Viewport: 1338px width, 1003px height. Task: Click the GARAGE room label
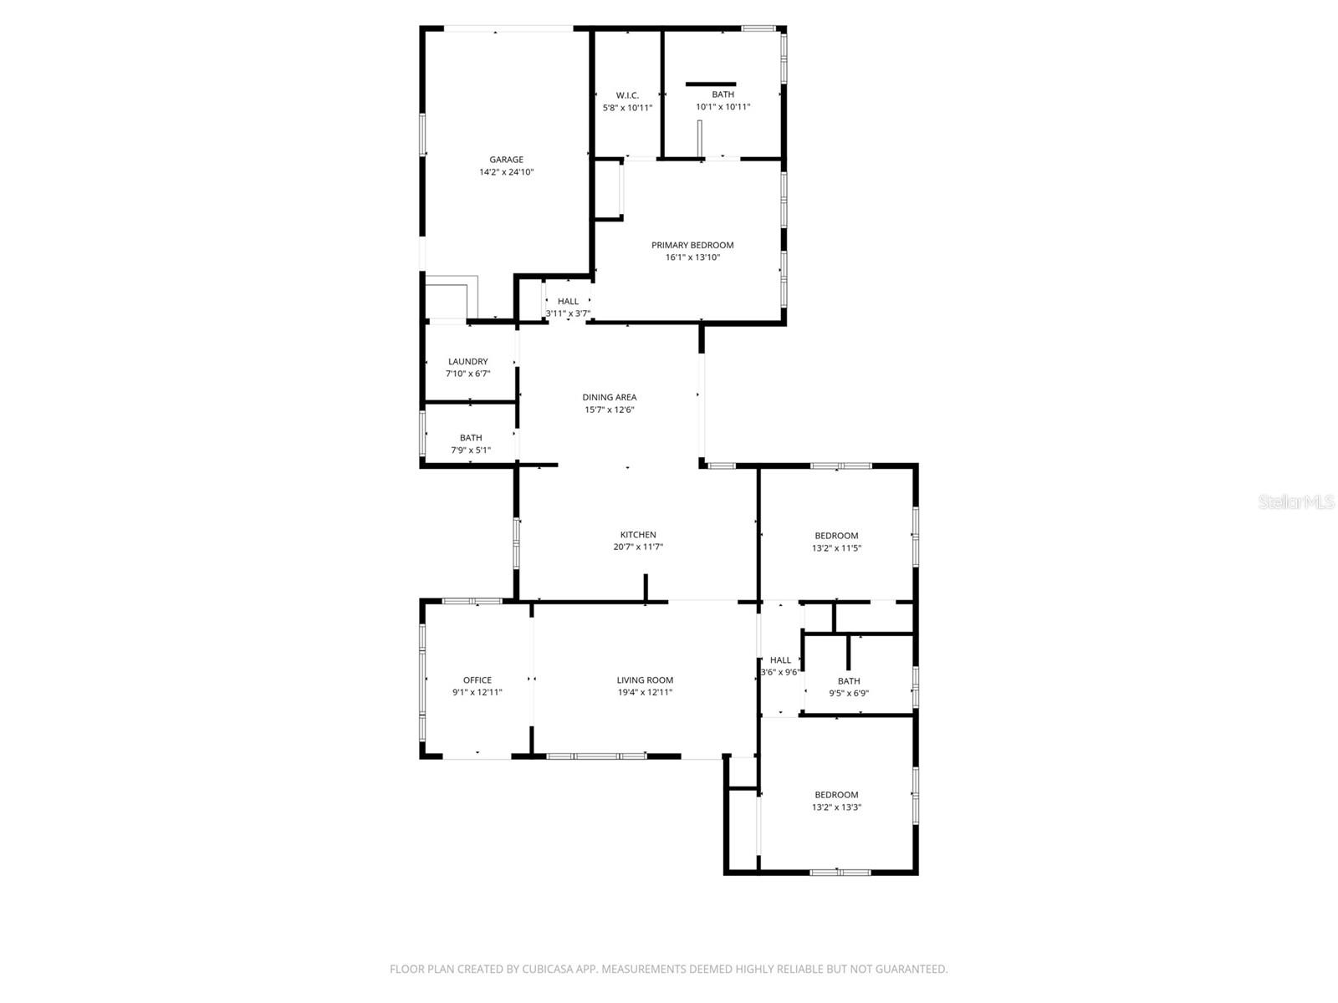tap(506, 160)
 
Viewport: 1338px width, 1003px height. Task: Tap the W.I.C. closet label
tap(627, 95)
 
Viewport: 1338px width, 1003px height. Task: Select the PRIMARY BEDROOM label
tap(692, 245)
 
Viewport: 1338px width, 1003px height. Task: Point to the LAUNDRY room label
tap(467, 362)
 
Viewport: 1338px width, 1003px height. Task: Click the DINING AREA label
tap(609, 397)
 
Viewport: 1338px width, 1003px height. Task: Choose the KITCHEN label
tap(638, 535)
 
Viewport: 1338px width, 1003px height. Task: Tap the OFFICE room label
tap(477, 680)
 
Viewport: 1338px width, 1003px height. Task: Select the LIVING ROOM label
tap(645, 680)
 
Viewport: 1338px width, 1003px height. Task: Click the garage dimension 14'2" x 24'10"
tap(506, 172)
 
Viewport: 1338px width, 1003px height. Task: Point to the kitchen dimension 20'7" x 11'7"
tap(638, 547)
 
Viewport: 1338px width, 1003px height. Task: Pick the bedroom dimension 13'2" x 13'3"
tap(836, 807)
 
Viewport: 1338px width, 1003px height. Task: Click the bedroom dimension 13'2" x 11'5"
tap(836, 548)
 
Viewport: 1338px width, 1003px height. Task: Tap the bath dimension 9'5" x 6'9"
tap(849, 693)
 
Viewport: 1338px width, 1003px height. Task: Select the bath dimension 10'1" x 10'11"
tap(723, 107)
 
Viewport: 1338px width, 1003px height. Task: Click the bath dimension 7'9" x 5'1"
tap(471, 451)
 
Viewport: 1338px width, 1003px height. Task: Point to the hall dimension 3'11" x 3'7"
tap(568, 314)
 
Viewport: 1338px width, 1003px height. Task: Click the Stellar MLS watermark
tap(1295, 502)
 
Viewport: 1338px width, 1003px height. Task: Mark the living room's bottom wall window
tap(596, 756)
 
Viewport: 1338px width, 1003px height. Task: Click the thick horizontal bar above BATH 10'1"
tap(711, 84)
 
